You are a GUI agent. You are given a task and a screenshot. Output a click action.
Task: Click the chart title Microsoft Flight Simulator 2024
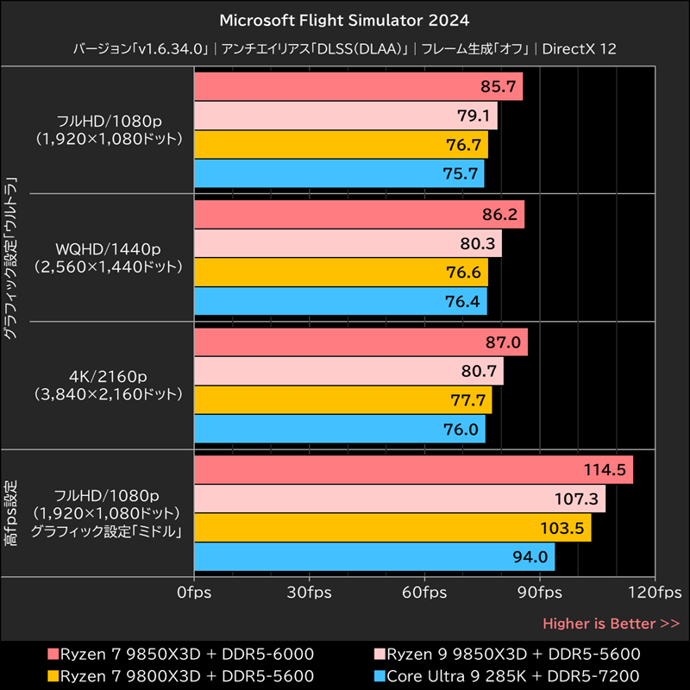point(345,19)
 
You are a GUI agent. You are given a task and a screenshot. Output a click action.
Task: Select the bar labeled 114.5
point(414,470)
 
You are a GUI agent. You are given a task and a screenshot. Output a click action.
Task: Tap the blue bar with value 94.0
point(374,556)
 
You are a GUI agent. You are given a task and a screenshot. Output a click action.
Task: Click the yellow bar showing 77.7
point(343,400)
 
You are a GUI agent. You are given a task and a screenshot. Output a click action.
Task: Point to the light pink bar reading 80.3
point(348,244)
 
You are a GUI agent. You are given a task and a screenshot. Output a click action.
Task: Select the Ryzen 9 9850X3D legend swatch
point(379,653)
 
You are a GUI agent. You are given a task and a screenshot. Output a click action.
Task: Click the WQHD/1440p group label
point(107,250)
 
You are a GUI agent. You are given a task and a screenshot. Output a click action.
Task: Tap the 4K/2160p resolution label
point(107,378)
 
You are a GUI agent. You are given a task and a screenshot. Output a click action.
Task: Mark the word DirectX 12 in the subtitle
point(580,49)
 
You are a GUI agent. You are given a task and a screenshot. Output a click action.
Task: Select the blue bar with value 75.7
point(339,173)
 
